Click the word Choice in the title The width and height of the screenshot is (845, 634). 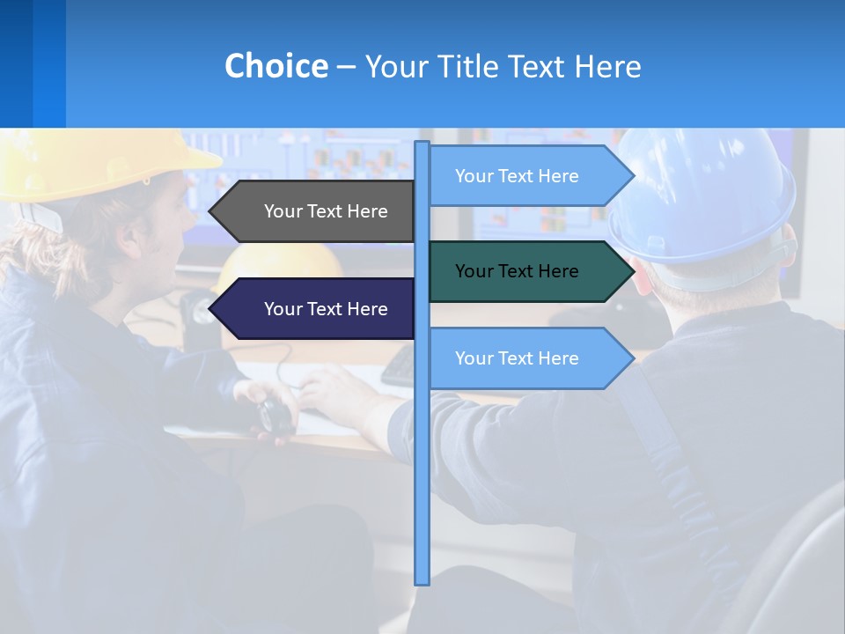tap(276, 67)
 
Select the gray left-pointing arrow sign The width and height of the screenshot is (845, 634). tap(317, 211)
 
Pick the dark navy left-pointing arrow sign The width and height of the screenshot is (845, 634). tap(317, 309)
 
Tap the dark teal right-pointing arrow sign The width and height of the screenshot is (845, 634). tap(528, 271)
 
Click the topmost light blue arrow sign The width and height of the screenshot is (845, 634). tap(528, 176)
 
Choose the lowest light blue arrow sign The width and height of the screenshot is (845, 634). tap(528, 358)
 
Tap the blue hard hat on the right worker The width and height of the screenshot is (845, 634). tap(704, 194)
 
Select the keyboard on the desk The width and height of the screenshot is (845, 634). tap(399, 366)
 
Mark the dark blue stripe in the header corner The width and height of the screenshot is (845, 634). tap(16, 63)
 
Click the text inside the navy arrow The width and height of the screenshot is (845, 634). tap(326, 309)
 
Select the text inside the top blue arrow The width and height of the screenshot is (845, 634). tap(517, 176)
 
